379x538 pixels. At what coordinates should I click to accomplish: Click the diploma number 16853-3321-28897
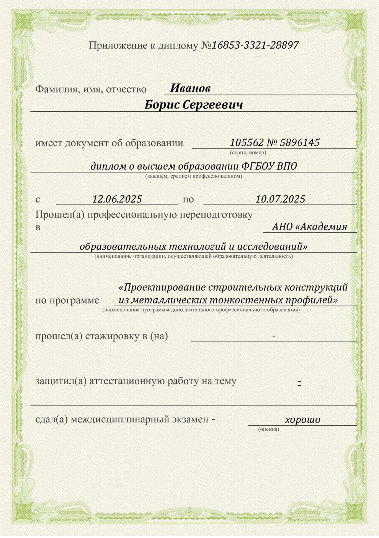255,45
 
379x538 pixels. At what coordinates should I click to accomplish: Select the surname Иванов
190,88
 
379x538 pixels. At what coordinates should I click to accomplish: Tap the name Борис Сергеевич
194,105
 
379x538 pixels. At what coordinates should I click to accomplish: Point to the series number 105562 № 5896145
274,142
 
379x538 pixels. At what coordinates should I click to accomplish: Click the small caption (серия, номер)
248,152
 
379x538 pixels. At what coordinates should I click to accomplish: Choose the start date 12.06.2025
117,199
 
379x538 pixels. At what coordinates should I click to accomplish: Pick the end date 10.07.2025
280,199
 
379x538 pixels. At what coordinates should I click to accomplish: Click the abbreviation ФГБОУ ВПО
270,166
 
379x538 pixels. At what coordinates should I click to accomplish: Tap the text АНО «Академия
309,227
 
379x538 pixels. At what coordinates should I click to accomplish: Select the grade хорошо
302,420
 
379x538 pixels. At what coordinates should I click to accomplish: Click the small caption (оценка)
269,429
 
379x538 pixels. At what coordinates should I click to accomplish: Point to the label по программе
67,300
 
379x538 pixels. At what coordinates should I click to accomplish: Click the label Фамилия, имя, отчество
91,89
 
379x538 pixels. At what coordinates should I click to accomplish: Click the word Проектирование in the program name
165,287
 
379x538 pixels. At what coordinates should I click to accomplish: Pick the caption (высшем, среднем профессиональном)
193,176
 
